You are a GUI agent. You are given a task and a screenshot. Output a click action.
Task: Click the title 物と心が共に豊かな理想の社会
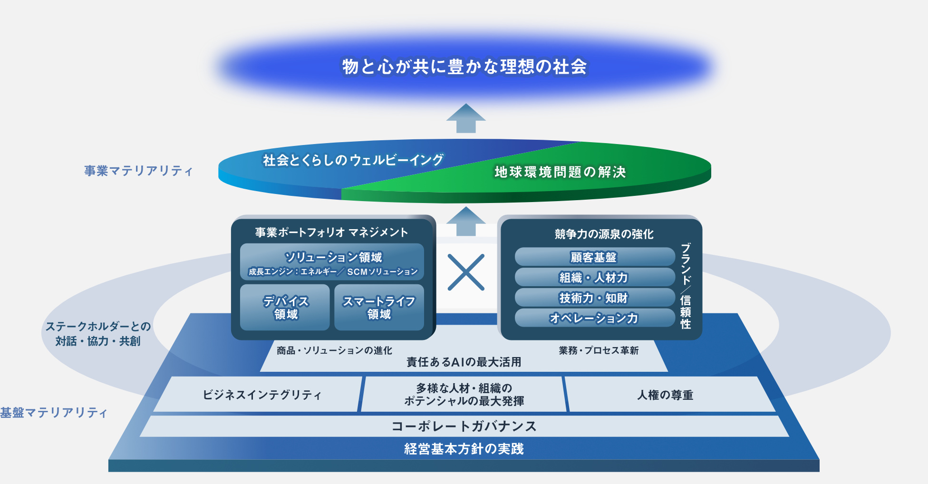click(464, 67)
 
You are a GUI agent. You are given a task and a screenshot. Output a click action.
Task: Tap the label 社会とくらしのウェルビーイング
click(353, 160)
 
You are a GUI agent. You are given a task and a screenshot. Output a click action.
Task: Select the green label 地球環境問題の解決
click(560, 172)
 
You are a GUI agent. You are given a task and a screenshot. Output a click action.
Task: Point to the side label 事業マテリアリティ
click(138, 171)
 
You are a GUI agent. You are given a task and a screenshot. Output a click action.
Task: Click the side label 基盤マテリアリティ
click(54, 412)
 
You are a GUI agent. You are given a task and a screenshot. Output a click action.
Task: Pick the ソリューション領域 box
click(332, 262)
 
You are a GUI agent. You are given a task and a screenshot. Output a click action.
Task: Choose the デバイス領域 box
click(285, 307)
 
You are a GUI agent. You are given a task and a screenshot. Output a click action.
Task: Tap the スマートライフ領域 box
click(379, 307)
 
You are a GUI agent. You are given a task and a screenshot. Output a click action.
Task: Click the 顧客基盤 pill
click(595, 257)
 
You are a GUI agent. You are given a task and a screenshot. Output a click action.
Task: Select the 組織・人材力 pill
click(595, 277)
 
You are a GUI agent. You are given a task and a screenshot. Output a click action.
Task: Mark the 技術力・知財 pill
click(595, 298)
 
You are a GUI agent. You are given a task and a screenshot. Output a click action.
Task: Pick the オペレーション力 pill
click(595, 318)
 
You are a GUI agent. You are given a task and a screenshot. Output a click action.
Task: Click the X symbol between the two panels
click(466, 272)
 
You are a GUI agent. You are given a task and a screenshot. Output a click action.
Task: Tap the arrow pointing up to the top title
click(466, 118)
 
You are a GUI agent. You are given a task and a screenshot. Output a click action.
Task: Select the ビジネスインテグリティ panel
click(258, 395)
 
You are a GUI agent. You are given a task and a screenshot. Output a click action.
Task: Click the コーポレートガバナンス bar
click(464, 426)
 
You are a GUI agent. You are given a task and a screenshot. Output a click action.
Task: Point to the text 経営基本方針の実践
click(464, 449)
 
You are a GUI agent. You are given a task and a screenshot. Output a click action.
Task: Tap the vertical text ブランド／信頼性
click(686, 286)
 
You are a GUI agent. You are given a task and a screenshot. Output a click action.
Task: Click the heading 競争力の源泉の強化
click(604, 234)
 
